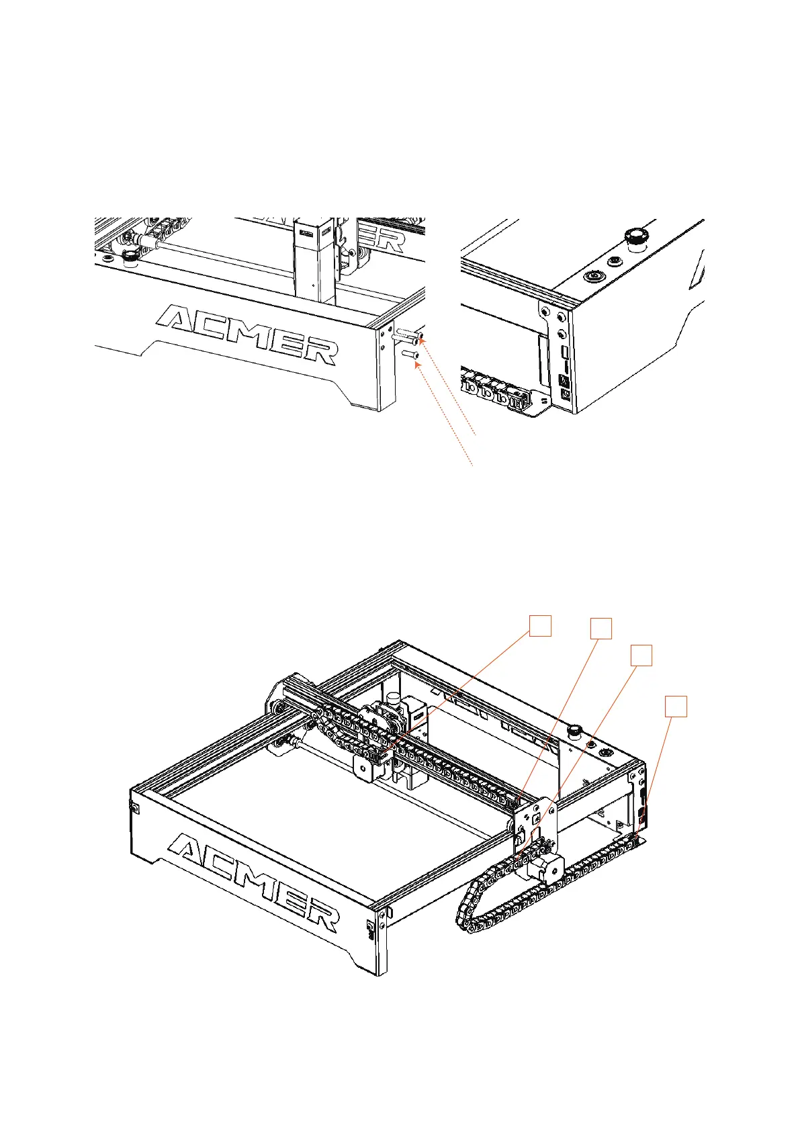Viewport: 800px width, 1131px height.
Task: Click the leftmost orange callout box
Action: [540, 625]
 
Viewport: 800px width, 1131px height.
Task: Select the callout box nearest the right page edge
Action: [676, 707]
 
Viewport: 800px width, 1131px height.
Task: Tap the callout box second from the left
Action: [601, 629]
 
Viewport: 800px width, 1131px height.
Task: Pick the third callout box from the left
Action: [641, 655]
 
